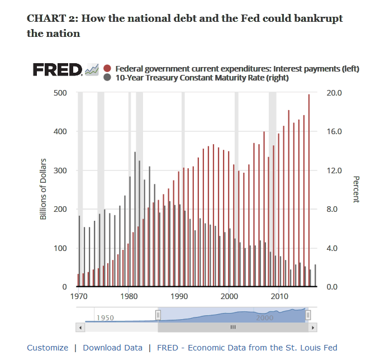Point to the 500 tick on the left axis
60,93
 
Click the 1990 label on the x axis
179,296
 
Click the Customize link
47,348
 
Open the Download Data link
112,348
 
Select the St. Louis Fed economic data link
247,348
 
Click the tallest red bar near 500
309,190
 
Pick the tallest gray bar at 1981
135,219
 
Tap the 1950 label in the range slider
105,318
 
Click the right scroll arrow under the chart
313,326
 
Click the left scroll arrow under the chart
80,326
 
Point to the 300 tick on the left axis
60,170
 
